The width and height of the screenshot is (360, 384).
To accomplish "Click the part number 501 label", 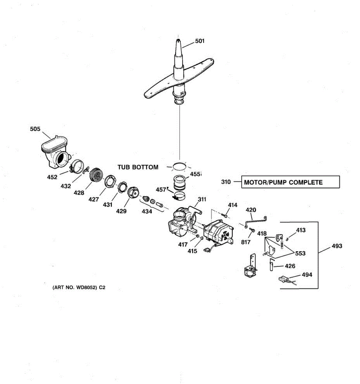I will pyautogui.click(x=200, y=41).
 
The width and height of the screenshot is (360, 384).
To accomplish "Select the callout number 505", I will pyautogui.click(x=35, y=129).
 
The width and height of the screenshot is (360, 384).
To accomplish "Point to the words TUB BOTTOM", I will pyautogui.click(x=138, y=167).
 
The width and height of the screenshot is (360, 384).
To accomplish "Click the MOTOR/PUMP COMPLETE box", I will pyautogui.click(x=290, y=182).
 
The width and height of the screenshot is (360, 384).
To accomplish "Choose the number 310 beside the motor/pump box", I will pyautogui.click(x=226, y=182).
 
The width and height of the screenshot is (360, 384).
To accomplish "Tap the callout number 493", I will pyautogui.click(x=337, y=246).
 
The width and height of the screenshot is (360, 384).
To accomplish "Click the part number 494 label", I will pyautogui.click(x=307, y=275).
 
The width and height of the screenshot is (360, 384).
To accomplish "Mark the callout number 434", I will pyautogui.click(x=147, y=212).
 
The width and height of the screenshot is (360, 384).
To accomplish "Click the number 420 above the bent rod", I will pyautogui.click(x=251, y=210).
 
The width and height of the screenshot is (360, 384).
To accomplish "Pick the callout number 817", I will pyautogui.click(x=246, y=242).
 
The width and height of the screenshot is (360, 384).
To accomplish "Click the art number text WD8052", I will pyautogui.click(x=86, y=287).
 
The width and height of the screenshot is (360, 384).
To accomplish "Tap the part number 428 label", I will pyautogui.click(x=79, y=193).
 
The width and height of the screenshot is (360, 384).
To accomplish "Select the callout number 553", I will pyautogui.click(x=300, y=253).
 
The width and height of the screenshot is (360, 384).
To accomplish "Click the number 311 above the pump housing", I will pyautogui.click(x=202, y=199).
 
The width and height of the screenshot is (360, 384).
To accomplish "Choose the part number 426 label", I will pyautogui.click(x=290, y=266).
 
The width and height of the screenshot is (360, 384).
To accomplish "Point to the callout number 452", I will pyautogui.click(x=52, y=177).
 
